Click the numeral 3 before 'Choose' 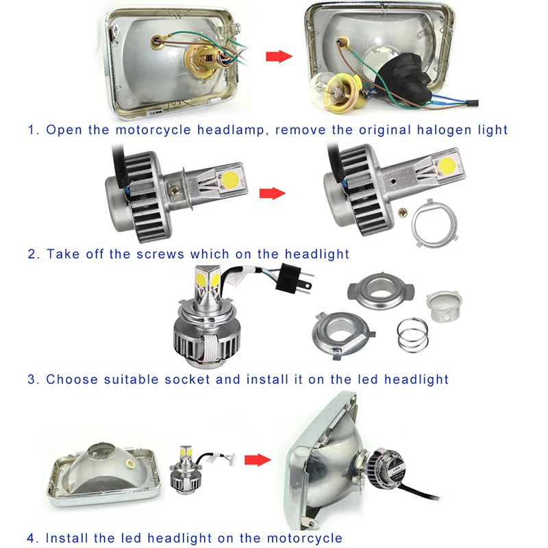pos(32,379)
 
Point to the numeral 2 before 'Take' pos(32,254)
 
